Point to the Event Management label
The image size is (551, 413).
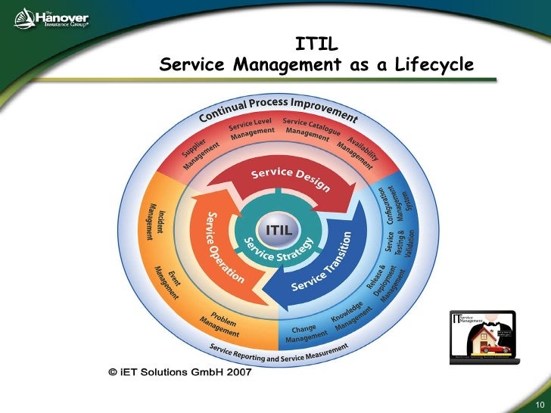(x=168, y=282)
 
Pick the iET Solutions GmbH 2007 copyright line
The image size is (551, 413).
(x=179, y=372)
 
